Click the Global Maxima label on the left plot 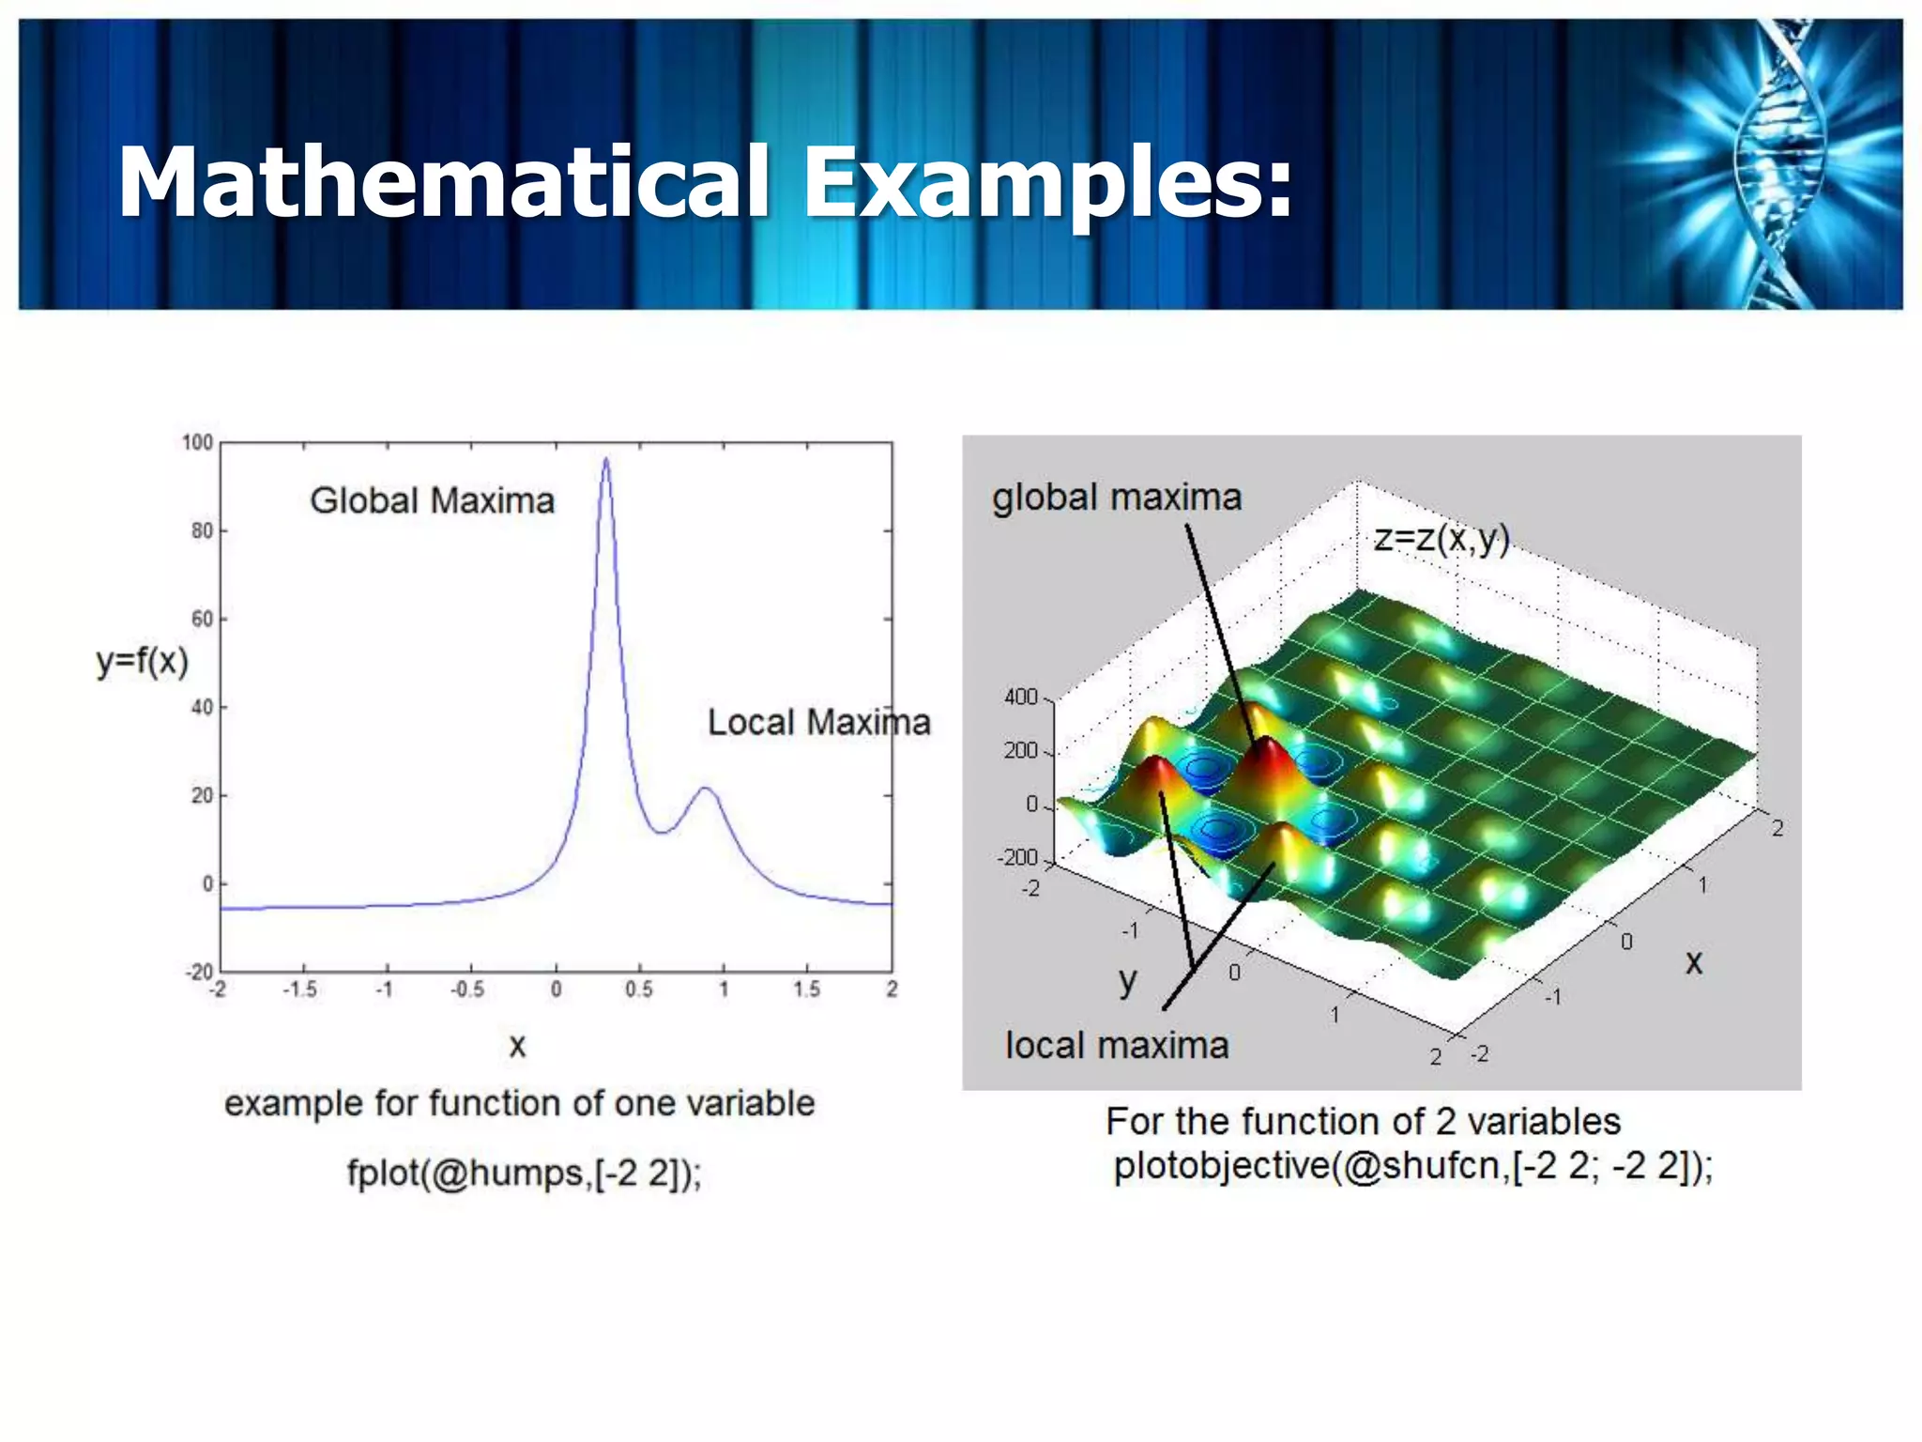(x=432, y=501)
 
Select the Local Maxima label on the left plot (x=818, y=723)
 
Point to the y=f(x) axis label (x=143, y=661)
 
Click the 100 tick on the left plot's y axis (x=197, y=442)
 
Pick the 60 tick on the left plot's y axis (x=202, y=620)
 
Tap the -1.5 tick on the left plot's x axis (x=300, y=989)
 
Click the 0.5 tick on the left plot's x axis (x=639, y=989)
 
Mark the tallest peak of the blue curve (x=606, y=460)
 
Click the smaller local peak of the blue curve (x=706, y=790)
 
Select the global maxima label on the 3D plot (x=1117, y=498)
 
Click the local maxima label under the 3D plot (x=1117, y=1046)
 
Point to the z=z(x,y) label (x=1441, y=539)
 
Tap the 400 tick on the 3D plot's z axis (x=1020, y=698)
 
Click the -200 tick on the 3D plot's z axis (x=1017, y=858)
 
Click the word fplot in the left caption (x=383, y=1174)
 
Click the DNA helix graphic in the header (x=1774, y=164)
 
